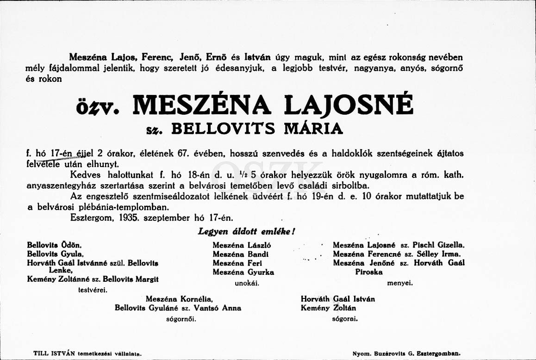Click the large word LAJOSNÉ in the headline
coord(348,105)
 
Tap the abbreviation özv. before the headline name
coord(98,107)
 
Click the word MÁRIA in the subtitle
coord(313,128)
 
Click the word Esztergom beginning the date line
coord(91,217)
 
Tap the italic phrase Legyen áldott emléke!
coord(246,232)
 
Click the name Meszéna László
coord(242,245)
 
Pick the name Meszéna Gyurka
coord(243,272)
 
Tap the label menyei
coord(400,283)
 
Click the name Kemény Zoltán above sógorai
coord(328,308)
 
